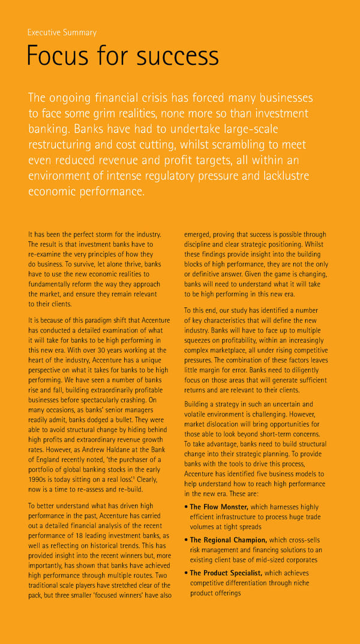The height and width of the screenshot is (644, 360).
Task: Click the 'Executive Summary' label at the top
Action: [x=62, y=32]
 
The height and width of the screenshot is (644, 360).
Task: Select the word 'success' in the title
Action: [x=178, y=56]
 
